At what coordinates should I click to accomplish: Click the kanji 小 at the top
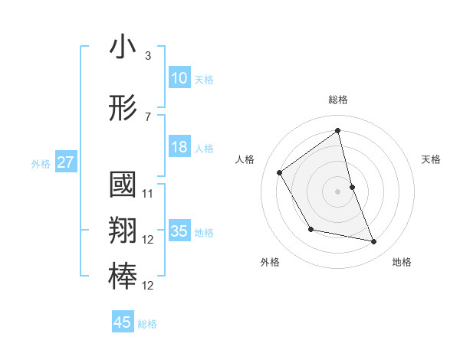coord(123,47)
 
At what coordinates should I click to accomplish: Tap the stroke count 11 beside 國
coord(148,194)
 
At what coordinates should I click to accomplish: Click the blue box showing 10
coord(179,78)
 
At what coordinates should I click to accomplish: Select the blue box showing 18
coord(179,147)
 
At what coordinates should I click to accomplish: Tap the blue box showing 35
coord(179,231)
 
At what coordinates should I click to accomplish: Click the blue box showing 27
coord(65,162)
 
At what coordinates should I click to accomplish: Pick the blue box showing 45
coord(123,322)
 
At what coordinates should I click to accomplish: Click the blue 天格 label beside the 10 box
coord(204,79)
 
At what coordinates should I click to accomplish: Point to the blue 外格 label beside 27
coord(41,163)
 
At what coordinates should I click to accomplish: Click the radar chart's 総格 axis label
coord(337,100)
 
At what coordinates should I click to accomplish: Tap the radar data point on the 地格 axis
coord(374,242)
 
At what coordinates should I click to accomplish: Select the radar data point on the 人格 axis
coord(280,172)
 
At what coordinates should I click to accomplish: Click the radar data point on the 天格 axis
coord(352,187)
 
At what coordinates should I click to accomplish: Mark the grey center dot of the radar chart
coord(337,191)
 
